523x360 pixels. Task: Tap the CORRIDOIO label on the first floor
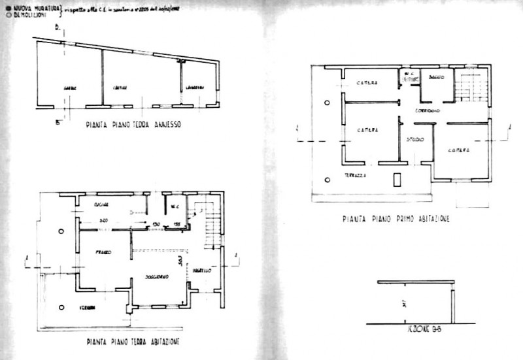click(427, 111)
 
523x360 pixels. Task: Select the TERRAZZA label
click(356, 176)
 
